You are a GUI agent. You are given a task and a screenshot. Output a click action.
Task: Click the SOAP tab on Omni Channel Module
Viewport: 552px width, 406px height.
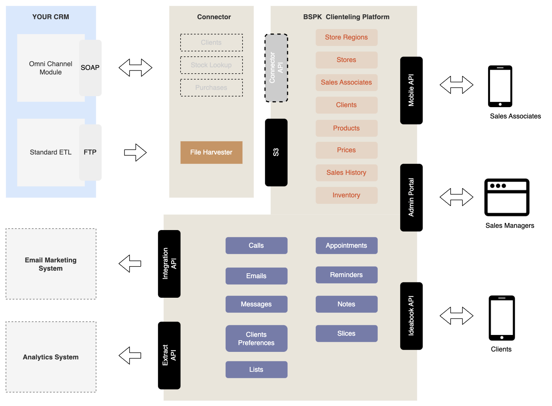click(x=90, y=68)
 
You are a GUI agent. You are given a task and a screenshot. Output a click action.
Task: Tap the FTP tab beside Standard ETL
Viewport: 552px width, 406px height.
click(x=90, y=152)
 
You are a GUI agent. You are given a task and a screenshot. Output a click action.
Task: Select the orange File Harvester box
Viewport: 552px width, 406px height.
click(x=211, y=152)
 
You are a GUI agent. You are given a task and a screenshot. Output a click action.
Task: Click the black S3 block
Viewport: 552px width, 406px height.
click(x=276, y=152)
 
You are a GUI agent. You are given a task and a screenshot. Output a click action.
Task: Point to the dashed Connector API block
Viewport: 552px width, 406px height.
click(x=276, y=68)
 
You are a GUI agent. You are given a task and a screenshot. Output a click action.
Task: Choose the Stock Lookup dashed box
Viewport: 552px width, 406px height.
click(x=211, y=65)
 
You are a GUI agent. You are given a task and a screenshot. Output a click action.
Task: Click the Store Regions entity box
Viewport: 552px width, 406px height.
click(x=346, y=37)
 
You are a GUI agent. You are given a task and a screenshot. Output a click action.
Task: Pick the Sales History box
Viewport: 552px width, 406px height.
click(x=346, y=173)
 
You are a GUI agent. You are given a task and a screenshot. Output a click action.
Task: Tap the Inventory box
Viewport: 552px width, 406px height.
click(x=346, y=195)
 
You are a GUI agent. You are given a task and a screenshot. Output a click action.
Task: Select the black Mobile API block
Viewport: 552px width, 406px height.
click(x=411, y=90)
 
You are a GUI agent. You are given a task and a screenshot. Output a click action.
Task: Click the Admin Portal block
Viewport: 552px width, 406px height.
click(x=411, y=197)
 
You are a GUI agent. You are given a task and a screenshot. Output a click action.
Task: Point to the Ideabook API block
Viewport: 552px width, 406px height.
click(x=411, y=316)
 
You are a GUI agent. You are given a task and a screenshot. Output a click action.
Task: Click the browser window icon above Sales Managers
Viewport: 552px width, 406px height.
click(x=507, y=197)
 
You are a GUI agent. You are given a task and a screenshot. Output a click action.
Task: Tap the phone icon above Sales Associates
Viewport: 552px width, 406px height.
click(x=500, y=86)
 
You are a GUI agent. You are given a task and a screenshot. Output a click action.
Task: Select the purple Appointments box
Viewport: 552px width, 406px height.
click(x=346, y=245)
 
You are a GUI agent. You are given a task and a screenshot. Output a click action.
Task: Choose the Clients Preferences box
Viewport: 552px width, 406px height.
click(x=256, y=338)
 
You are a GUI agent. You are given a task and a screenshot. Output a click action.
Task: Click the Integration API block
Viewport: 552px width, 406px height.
click(x=169, y=264)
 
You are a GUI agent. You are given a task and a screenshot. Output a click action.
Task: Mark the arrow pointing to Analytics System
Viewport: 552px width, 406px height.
click(x=130, y=355)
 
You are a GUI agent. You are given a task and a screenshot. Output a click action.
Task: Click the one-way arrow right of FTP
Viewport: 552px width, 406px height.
click(x=135, y=152)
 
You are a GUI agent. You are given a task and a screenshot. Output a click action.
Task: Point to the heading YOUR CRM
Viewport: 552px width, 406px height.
click(x=51, y=17)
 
